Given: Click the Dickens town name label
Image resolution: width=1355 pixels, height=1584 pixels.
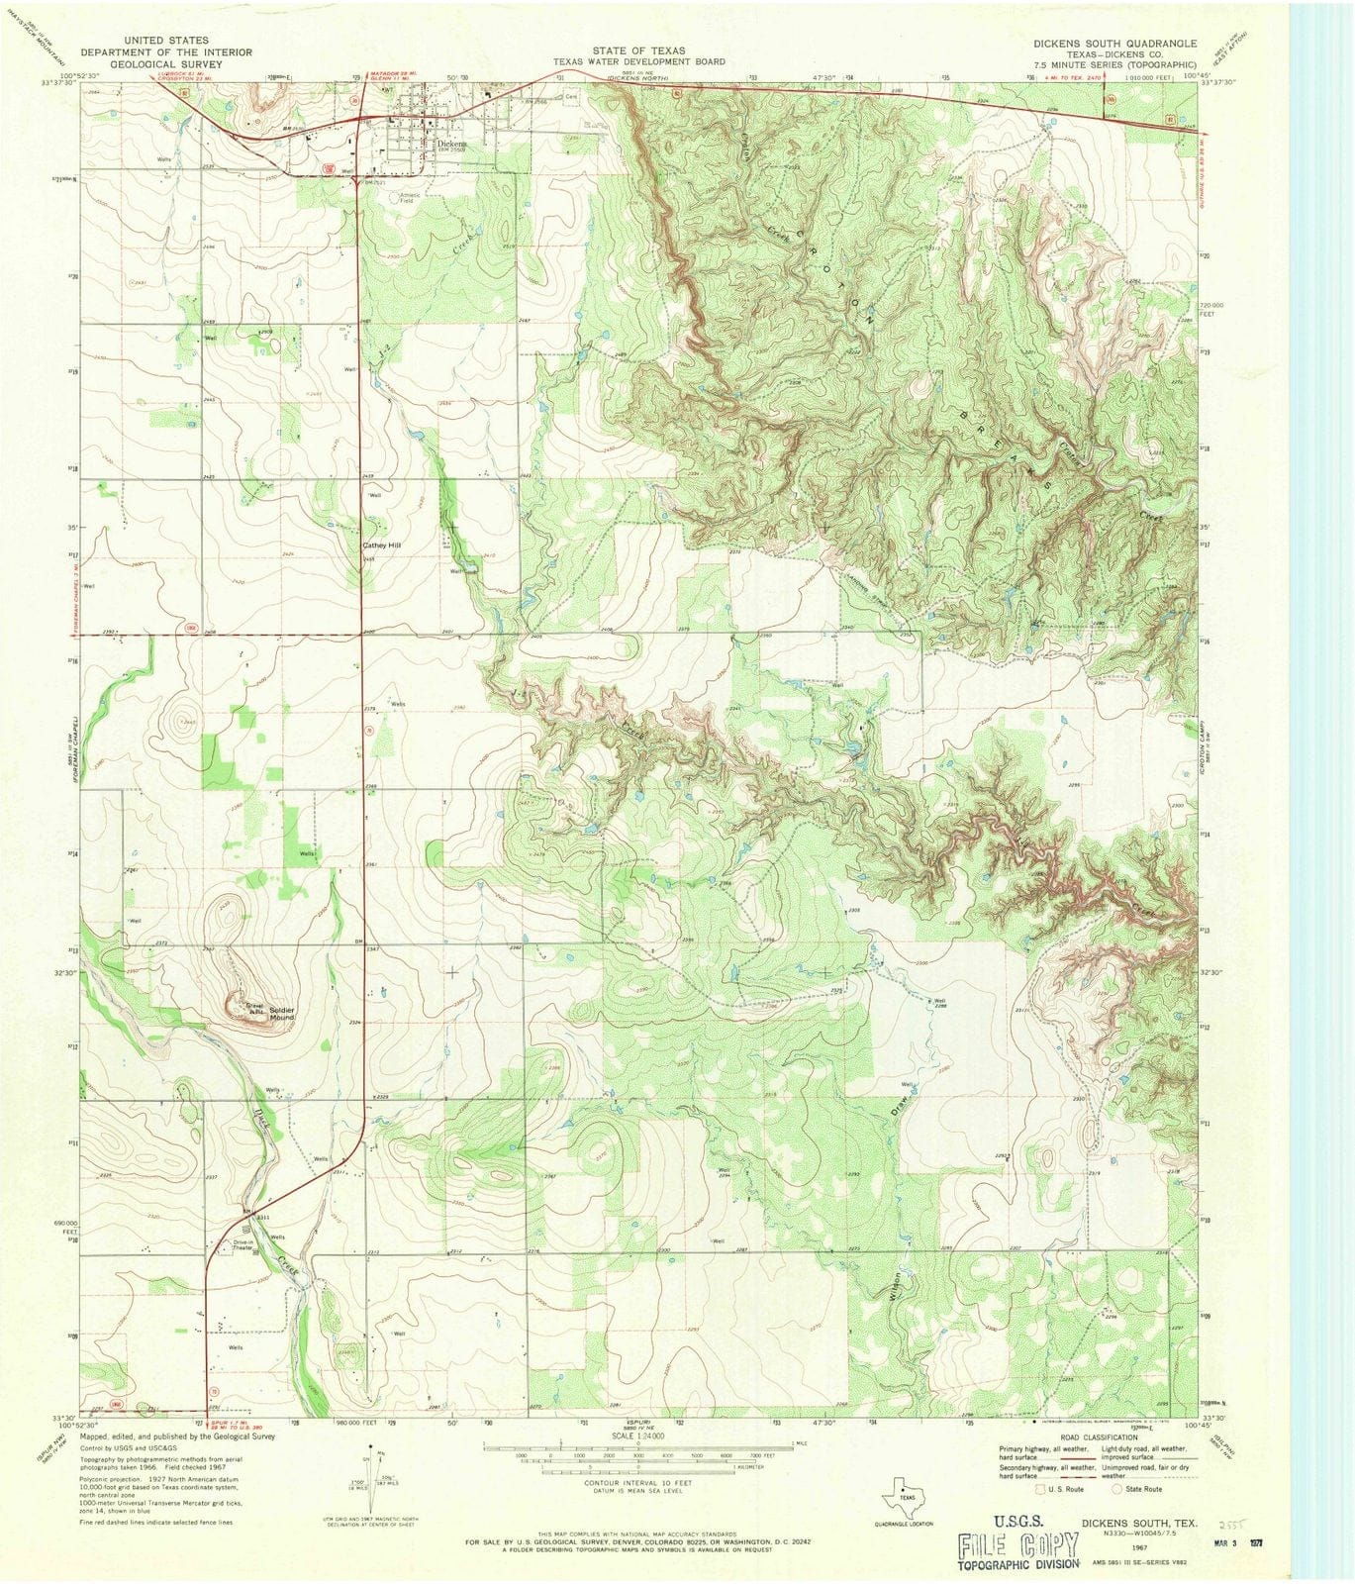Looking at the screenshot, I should click(x=451, y=142).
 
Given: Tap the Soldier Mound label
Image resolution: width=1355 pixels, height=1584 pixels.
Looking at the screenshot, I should click(x=275, y=1014).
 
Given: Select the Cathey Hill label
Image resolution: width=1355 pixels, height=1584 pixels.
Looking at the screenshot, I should click(x=382, y=544).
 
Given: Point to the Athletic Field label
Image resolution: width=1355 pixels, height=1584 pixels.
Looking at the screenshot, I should click(x=410, y=197).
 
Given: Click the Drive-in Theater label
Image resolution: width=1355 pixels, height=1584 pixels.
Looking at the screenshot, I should click(x=242, y=1245).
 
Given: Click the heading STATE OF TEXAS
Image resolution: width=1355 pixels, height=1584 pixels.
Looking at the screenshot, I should click(x=638, y=49).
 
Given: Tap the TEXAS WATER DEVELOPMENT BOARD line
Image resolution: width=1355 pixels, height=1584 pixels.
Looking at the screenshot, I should click(x=638, y=60).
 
